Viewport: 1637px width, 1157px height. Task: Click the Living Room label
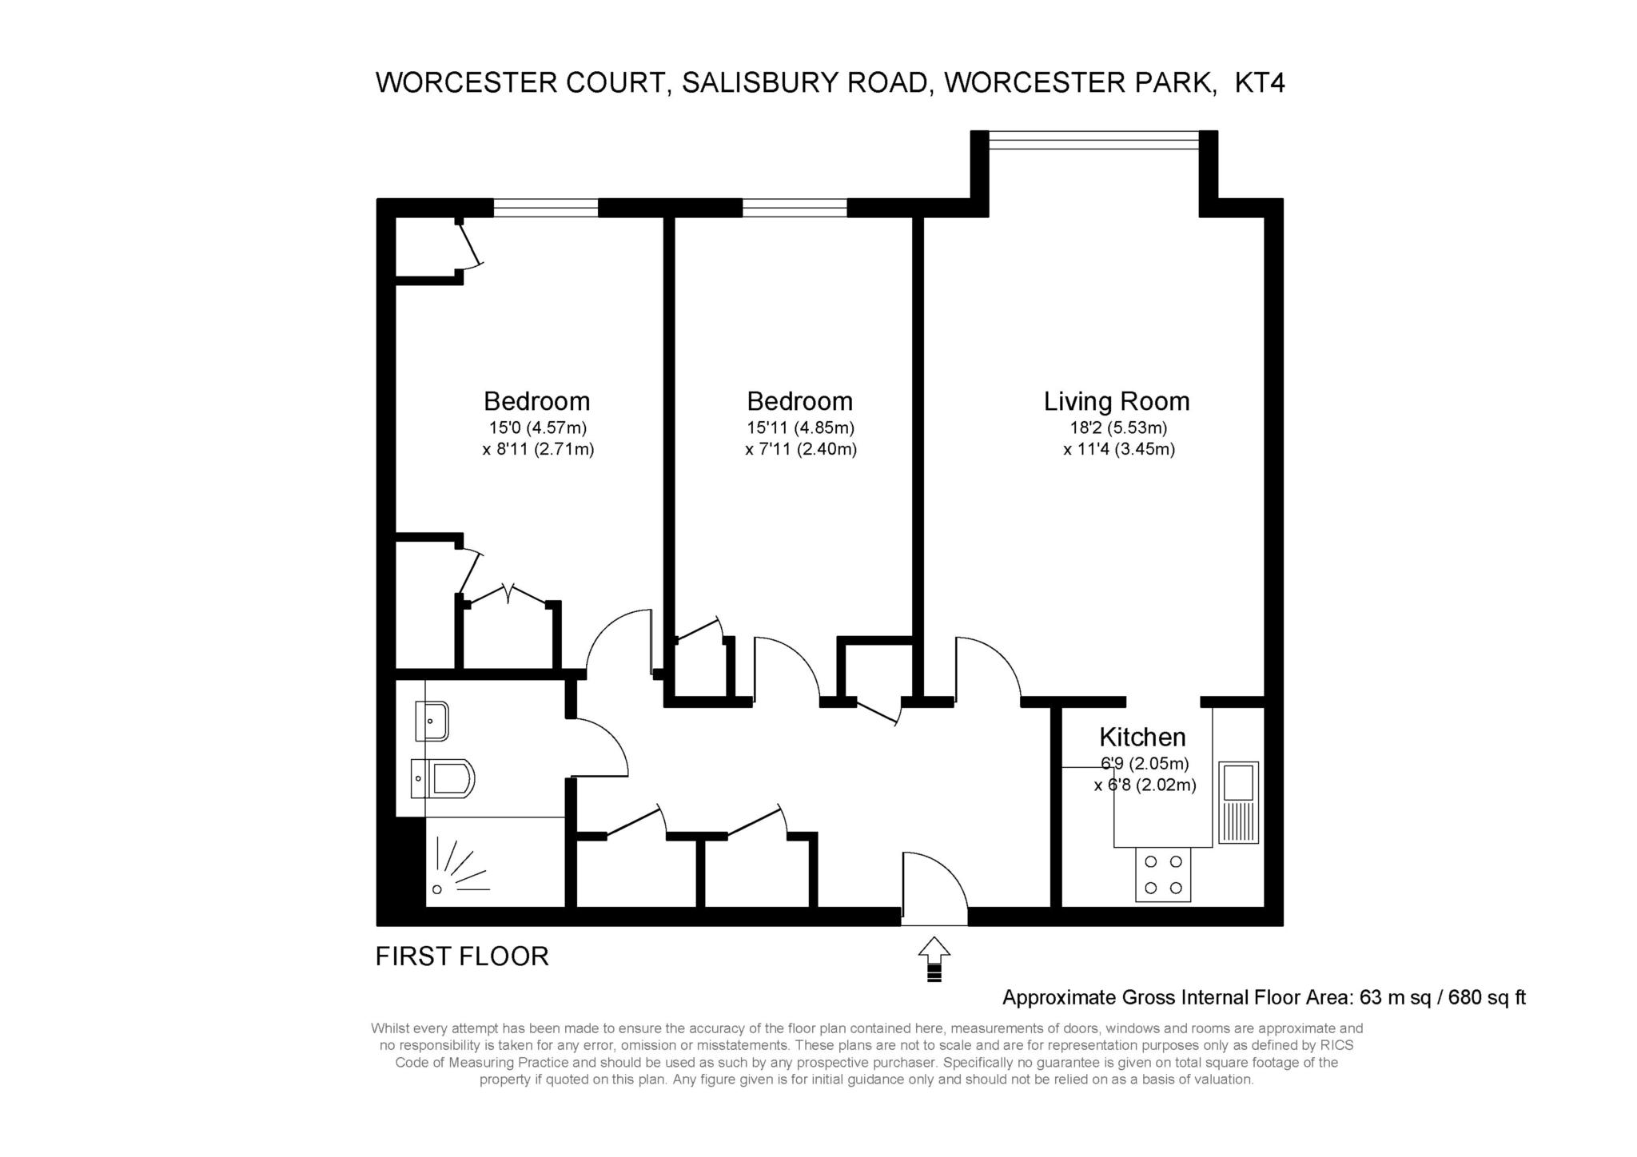tap(1117, 401)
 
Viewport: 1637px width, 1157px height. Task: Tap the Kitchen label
tap(1142, 737)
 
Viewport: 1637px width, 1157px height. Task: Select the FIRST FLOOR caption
tap(462, 956)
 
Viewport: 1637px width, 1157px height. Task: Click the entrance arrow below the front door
tap(934, 959)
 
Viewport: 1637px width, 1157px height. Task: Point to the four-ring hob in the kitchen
tap(1163, 875)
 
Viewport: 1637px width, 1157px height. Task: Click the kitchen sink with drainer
tap(1238, 802)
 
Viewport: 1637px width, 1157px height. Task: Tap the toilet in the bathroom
tap(444, 777)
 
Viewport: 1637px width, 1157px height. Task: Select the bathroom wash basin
tap(432, 721)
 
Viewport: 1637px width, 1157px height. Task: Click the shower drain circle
tap(436, 889)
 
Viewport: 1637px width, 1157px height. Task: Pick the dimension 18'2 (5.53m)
tap(1117, 427)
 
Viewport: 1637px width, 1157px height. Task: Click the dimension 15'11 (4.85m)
tap(800, 427)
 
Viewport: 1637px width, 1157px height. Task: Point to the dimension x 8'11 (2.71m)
tap(538, 449)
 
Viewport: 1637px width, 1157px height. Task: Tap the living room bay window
tap(1093, 140)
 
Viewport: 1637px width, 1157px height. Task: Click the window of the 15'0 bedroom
tap(545, 208)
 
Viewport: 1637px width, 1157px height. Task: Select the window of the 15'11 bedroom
tap(794, 208)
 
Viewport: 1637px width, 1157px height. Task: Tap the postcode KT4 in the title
tap(1260, 83)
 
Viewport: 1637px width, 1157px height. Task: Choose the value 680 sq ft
tap(1487, 997)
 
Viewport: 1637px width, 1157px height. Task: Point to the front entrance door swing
tap(934, 887)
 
